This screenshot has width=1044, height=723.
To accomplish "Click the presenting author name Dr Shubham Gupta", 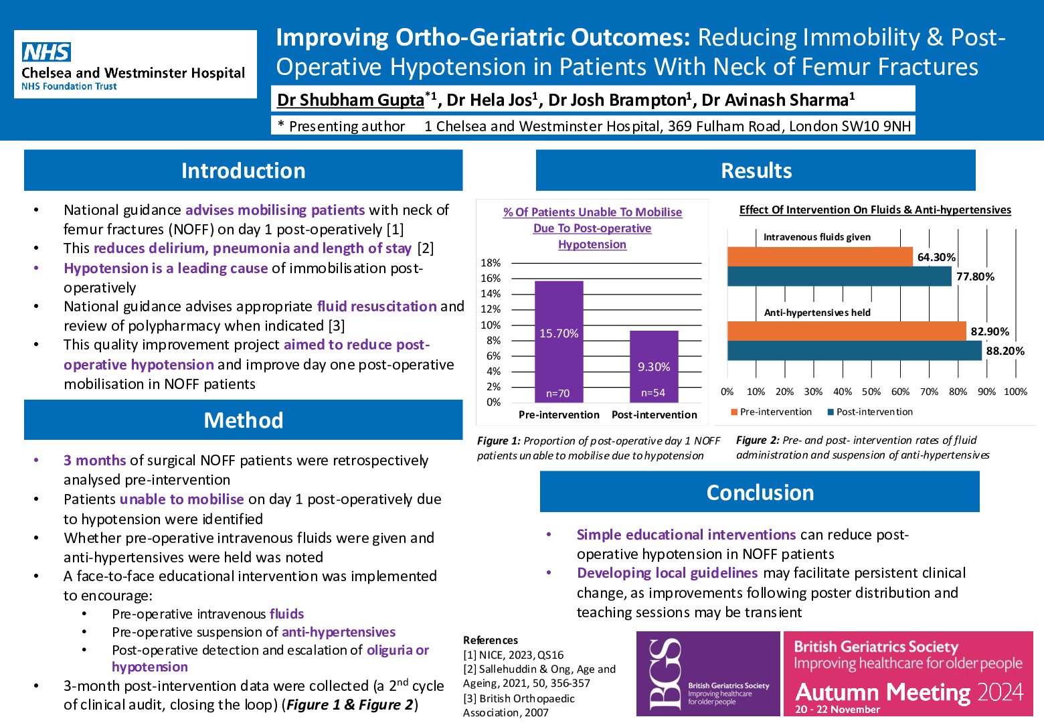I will click(x=350, y=100).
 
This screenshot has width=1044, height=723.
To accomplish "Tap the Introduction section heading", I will click(x=243, y=171).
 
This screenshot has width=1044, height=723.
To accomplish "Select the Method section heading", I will click(x=243, y=420).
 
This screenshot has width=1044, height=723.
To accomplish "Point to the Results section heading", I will click(x=756, y=171).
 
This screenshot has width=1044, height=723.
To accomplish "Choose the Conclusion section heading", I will click(x=760, y=493).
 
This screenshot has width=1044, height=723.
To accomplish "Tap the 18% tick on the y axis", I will click(x=491, y=263).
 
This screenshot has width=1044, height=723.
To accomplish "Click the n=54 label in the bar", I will click(x=653, y=393).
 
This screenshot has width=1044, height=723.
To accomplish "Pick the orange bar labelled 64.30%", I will click(x=819, y=257).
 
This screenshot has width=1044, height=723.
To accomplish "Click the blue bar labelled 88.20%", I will click(x=854, y=351).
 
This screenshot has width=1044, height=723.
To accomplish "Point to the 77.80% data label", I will click(x=975, y=276).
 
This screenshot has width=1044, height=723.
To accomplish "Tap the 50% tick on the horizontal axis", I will click(x=871, y=392).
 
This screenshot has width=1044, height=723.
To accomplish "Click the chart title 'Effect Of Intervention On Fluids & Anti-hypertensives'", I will click(x=875, y=210).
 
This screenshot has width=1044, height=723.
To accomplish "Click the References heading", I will click(x=491, y=640).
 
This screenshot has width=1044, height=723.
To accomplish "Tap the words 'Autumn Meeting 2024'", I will click(x=909, y=692).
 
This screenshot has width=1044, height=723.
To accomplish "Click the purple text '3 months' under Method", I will click(x=94, y=461).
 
